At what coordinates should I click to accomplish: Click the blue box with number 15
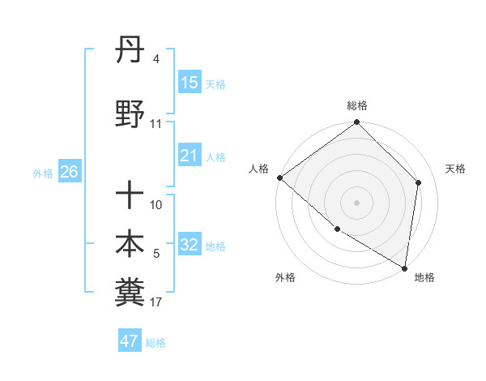pyautogui.click(x=190, y=83)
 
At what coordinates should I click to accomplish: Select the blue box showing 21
pyautogui.click(x=190, y=156)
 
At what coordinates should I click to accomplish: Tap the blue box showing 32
pyautogui.click(x=190, y=246)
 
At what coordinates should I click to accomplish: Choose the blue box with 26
pyautogui.click(x=69, y=172)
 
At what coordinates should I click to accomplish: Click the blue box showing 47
pyautogui.click(x=130, y=341)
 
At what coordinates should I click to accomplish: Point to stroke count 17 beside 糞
pyautogui.click(x=156, y=303)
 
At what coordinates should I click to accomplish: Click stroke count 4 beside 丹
pyautogui.click(x=156, y=59)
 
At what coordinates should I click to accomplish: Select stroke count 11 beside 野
pyautogui.click(x=156, y=124)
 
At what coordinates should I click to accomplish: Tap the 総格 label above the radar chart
pyautogui.click(x=357, y=105)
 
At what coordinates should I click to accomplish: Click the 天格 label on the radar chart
pyautogui.click(x=455, y=169)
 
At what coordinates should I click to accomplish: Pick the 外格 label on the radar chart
pyautogui.click(x=285, y=277)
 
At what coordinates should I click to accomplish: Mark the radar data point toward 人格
pyautogui.click(x=279, y=178)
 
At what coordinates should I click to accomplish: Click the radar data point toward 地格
pyautogui.click(x=404, y=268)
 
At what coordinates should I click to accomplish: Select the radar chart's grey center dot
pyautogui.click(x=357, y=202)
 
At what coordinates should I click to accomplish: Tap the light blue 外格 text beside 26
pyautogui.click(x=43, y=173)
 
